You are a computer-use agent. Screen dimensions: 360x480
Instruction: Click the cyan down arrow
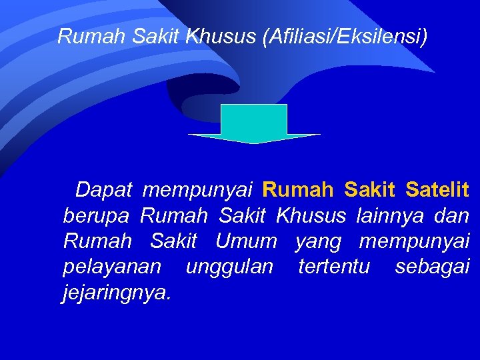point(254,124)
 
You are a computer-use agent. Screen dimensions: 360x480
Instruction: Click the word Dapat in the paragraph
point(104,191)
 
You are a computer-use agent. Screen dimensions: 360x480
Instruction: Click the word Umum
point(246,241)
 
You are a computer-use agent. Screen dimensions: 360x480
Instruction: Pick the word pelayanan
point(112,267)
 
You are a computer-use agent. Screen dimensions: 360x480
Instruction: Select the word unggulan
point(229,267)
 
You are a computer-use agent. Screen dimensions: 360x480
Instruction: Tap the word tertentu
point(334,267)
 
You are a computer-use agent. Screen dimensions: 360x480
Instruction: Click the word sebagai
point(432,267)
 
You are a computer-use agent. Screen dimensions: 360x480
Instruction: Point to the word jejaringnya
point(117,292)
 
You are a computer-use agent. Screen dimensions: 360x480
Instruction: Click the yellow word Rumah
point(298,191)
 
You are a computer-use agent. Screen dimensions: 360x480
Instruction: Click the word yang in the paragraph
point(318,241)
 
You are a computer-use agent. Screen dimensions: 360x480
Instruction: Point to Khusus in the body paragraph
point(311,216)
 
